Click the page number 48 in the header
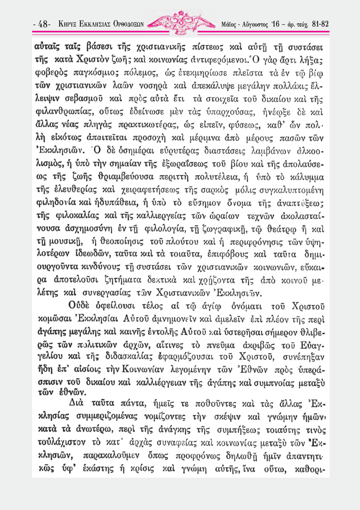[43, 24]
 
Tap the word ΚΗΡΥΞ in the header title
[68, 24]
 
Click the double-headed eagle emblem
[183, 22]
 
